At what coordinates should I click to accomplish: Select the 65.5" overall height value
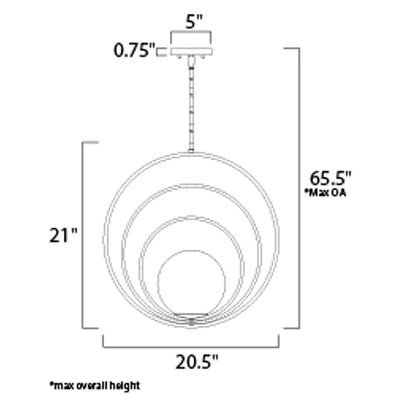click(329, 178)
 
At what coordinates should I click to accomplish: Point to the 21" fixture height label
click(63, 235)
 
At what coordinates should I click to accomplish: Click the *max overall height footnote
click(94, 385)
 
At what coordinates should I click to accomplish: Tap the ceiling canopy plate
click(191, 51)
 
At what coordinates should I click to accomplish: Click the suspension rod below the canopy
click(191, 100)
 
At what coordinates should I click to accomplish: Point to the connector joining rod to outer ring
click(191, 149)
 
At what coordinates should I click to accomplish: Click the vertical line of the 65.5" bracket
click(299, 188)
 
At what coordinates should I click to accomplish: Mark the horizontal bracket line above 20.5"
click(191, 346)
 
